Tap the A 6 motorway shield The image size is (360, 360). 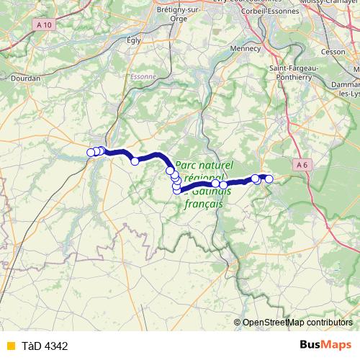[302, 165]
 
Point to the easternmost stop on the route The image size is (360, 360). [269, 179]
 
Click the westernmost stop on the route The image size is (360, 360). [91, 152]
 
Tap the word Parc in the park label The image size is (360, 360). [189, 164]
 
